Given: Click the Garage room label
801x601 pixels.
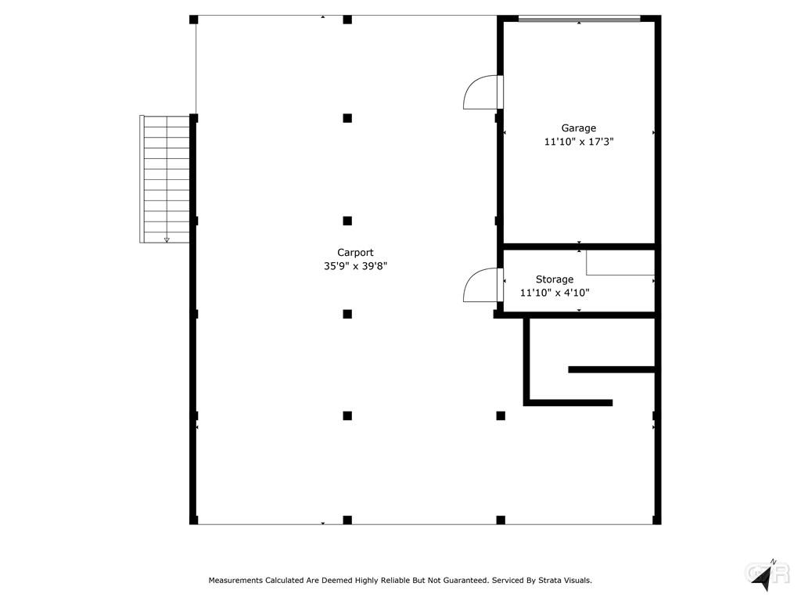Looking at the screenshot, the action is coord(578,128).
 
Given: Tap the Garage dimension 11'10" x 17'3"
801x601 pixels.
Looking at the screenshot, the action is coord(578,142).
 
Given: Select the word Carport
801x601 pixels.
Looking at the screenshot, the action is coord(355,253).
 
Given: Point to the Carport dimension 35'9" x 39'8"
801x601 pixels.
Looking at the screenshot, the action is coord(355,266).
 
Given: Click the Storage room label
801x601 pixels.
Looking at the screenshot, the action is coord(555,279).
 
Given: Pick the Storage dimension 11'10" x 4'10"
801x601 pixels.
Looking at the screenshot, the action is coord(555,293).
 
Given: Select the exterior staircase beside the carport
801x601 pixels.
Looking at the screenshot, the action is coord(164,179).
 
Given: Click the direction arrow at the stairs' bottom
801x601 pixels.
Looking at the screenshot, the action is coord(167,239).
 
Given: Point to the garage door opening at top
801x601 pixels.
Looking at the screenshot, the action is coord(580,20).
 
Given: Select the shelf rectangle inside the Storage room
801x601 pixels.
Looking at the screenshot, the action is coord(620,263).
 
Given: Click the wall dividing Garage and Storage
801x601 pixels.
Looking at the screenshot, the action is coord(580,247).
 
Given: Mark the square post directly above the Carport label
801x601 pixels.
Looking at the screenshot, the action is coord(347,221).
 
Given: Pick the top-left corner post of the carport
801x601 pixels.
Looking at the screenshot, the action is coord(194,20).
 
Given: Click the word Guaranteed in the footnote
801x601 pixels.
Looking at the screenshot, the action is coord(465,581).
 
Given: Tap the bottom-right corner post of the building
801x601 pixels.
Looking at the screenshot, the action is coord(657,520).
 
